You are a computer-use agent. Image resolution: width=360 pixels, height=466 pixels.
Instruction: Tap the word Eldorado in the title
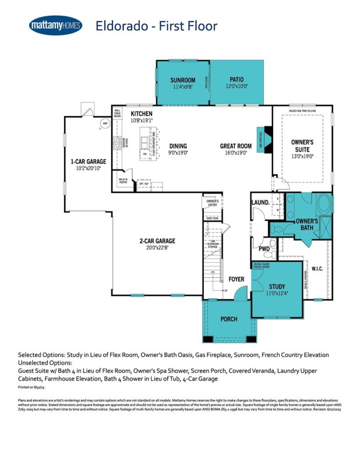click(120, 26)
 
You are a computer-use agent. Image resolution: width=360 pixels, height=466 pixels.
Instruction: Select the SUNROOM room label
click(182, 80)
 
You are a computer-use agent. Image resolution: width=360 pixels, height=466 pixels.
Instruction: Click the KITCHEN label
click(142, 114)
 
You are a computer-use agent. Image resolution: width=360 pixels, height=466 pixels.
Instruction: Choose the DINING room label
click(178, 146)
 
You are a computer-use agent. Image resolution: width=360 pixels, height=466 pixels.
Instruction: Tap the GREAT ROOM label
click(235, 146)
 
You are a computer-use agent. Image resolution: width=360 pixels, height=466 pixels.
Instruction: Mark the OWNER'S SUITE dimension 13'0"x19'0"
click(302, 156)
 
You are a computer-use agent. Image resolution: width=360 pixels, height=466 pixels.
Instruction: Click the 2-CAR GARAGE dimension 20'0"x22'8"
click(157, 248)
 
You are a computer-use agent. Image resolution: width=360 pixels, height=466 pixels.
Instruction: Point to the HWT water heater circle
click(105, 124)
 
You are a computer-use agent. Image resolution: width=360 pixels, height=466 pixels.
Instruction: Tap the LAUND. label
click(260, 203)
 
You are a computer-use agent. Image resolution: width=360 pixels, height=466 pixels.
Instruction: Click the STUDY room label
click(277, 287)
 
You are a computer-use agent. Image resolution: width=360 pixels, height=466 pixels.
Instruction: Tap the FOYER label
click(236, 280)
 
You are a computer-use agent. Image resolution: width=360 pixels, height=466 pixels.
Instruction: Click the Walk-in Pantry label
click(123, 181)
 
